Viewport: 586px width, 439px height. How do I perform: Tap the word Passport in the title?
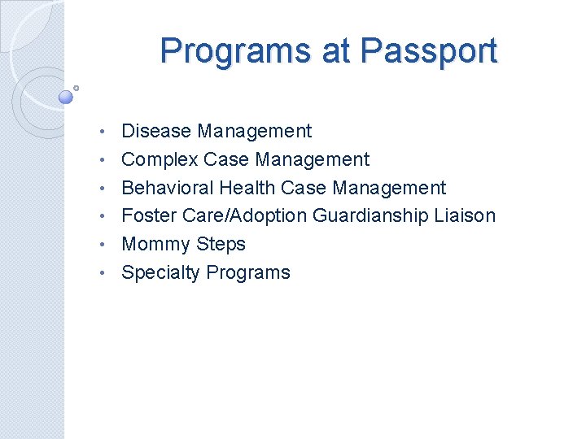pyautogui.click(x=428, y=51)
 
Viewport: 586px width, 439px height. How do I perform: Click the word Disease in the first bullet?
pyautogui.click(x=156, y=131)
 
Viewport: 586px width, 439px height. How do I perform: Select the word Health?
pyautogui.click(x=247, y=188)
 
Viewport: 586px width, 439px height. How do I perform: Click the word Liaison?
pyautogui.click(x=466, y=215)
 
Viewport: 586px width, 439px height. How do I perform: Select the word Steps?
pyautogui.click(x=219, y=244)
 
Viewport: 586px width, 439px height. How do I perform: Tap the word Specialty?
pyautogui.click(x=160, y=272)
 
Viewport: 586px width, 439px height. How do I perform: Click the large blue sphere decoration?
pyautogui.click(x=67, y=97)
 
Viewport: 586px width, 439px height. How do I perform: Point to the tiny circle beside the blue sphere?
pyautogui.click(x=76, y=87)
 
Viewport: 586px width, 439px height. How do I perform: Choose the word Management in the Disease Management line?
pyautogui.click(x=254, y=131)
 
